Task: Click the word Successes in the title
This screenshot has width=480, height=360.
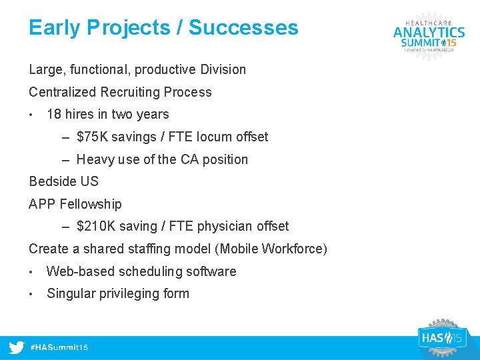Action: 243,28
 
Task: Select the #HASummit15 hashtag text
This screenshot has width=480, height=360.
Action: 59,348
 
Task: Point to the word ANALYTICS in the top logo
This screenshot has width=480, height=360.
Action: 429,32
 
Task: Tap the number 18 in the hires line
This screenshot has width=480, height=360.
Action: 54,115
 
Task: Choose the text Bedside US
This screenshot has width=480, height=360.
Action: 63,182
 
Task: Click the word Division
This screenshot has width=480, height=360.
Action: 221,70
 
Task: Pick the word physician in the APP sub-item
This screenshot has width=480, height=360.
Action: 221,227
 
